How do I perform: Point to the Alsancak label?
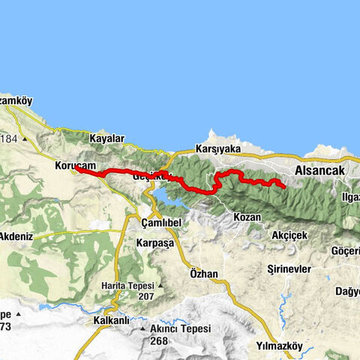coord(319,170)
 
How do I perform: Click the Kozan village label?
coord(247,217)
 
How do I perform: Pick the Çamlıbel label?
coord(163,223)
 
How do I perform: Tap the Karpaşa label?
coord(155,243)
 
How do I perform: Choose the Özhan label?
coord(204,274)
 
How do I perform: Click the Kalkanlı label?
coord(104,319)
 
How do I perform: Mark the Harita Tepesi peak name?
coord(129,286)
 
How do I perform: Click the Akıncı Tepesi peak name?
coord(181,328)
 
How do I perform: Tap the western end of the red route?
coord(76,169)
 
